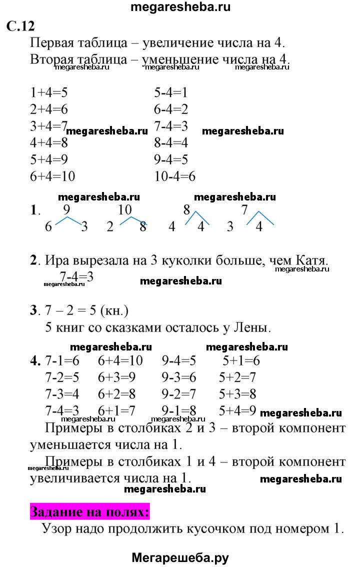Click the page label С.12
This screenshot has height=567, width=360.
point(20,26)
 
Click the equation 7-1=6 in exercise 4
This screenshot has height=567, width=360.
point(61,360)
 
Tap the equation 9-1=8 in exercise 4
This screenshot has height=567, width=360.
point(178,411)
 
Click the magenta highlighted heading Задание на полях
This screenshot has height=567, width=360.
point(89,512)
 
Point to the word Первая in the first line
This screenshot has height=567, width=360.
point(53,42)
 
